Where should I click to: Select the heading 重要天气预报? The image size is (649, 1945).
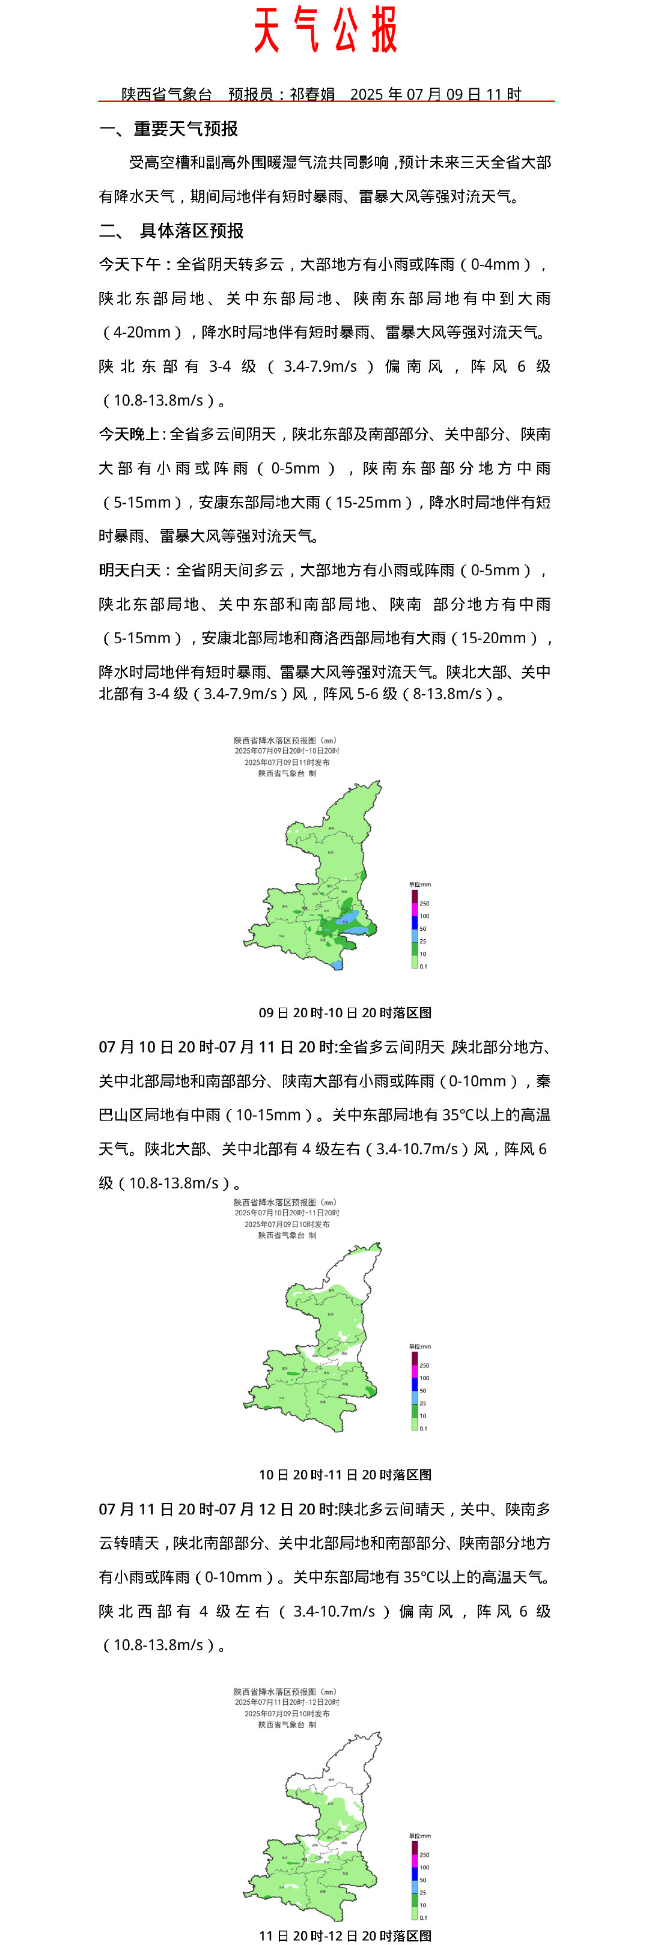point(186,129)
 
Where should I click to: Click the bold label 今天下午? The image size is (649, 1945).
point(129,264)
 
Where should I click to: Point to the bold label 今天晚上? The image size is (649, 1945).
point(129,434)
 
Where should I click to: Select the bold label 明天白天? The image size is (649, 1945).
point(129,570)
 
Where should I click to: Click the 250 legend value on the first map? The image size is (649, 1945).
point(425,903)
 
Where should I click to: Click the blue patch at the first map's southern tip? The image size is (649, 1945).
point(338,964)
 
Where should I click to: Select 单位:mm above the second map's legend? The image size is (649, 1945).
point(419,1346)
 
